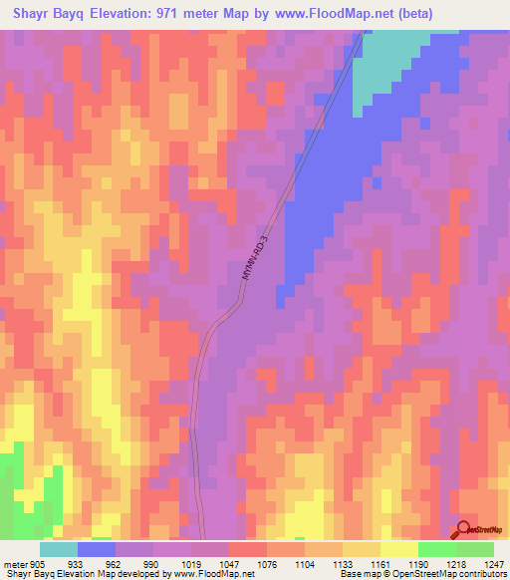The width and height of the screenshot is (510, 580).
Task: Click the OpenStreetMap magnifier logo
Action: point(463,529)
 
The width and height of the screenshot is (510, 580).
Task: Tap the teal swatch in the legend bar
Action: point(59,549)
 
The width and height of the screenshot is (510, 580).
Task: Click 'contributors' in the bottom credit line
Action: point(481,573)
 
